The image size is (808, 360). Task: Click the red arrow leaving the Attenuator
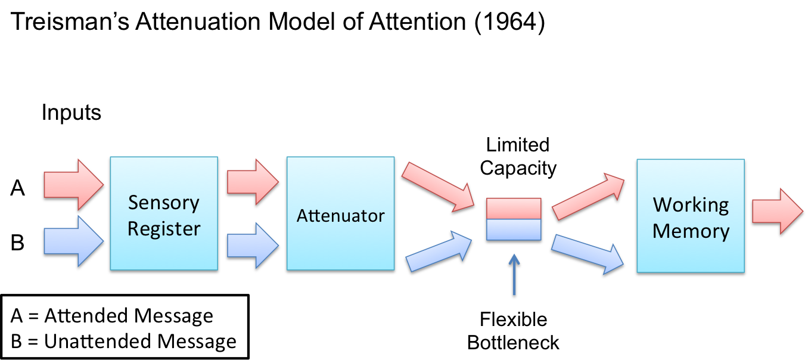point(439,187)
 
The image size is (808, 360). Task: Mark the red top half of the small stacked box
point(514,209)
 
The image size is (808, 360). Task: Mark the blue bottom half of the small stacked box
point(514,229)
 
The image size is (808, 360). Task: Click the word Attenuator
point(340,215)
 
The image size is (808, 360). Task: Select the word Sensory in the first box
point(163,203)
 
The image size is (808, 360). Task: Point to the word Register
point(164,228)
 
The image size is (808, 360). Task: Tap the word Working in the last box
point(691,205)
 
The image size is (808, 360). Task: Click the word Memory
point(691,231)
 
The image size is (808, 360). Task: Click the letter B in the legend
point(16,342)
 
